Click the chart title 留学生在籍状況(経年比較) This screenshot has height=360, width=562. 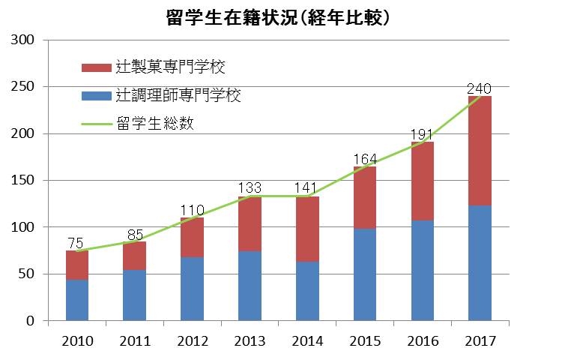pos(280,16)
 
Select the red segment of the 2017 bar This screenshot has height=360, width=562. pos(480,150)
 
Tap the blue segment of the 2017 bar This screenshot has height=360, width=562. pos(480,262)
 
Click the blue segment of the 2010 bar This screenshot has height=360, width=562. pos(77,300)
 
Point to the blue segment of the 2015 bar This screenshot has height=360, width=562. pos(365,274)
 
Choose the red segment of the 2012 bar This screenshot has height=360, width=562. pos(193,237)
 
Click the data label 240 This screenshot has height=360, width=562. pos(480,89)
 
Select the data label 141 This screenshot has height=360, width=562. pos(307,187)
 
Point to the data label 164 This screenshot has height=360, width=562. pos(365,158)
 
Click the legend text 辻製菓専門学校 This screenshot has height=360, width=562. pos(171,67)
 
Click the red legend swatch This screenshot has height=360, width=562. pos(96,68)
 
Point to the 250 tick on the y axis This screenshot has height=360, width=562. pos(25,87)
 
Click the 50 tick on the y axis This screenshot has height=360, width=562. pos(28,274)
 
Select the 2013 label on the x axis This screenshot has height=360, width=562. pos(250,341)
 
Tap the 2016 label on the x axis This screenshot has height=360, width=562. pos(422,341)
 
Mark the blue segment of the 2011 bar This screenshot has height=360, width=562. pos(135,295)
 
